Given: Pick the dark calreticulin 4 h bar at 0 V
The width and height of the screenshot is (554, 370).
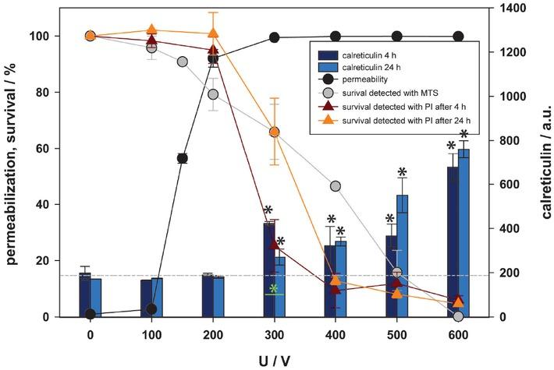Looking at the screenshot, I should [x=84, y=296].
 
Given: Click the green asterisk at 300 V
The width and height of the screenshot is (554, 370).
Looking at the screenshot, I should [x=274, y=290].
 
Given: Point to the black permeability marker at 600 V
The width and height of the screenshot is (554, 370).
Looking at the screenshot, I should [x=458, y=37].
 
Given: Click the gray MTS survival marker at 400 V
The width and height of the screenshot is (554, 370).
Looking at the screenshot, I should [x=336, y=186].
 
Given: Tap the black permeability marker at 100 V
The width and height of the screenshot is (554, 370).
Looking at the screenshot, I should [x=151, y=309].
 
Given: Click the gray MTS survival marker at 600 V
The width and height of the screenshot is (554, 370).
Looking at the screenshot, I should [x=458, y=316].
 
